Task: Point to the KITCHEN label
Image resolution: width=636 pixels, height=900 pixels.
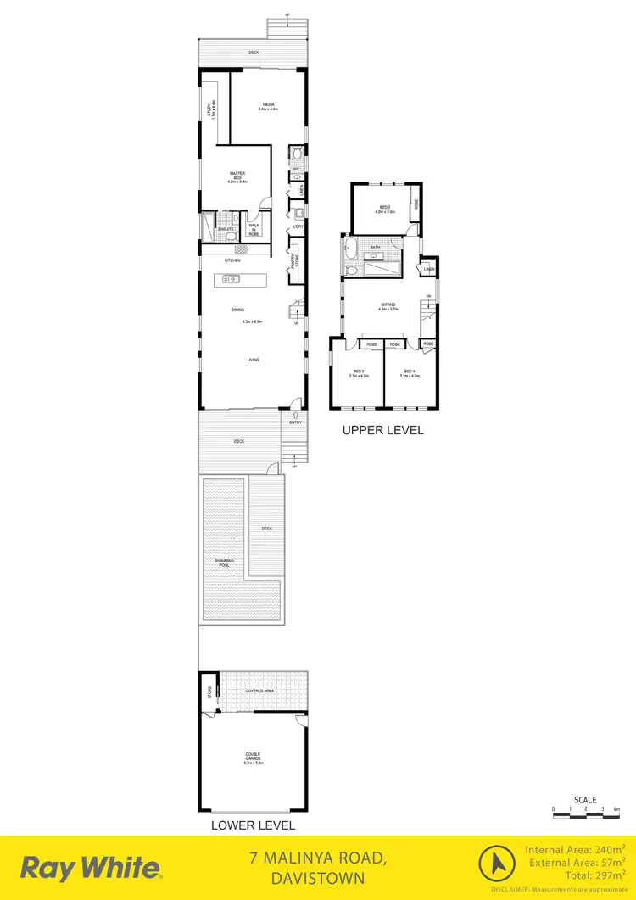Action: (x=233, y=260)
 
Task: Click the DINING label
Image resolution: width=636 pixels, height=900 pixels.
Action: (x=237, y=310)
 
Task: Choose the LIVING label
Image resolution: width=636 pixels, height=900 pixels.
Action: (x=253, y=360)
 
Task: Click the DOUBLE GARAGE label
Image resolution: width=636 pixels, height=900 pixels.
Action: (x=253, y=756)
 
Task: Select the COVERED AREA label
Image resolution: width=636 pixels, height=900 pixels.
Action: (x=259, y=691)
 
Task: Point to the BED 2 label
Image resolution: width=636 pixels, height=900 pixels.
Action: (x=384, y=208)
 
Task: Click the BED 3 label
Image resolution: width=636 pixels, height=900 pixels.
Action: (x=358, y=372)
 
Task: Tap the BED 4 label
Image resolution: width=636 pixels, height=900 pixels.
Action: (x=410, y=372)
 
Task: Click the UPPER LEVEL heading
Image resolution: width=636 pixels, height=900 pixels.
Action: (x=382, y=430)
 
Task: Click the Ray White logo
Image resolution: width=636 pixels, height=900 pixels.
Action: (x=91, y=868)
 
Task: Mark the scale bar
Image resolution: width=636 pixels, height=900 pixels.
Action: (x=586, y=809)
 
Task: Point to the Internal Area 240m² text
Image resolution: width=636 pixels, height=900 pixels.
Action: (x=575, y=849)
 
